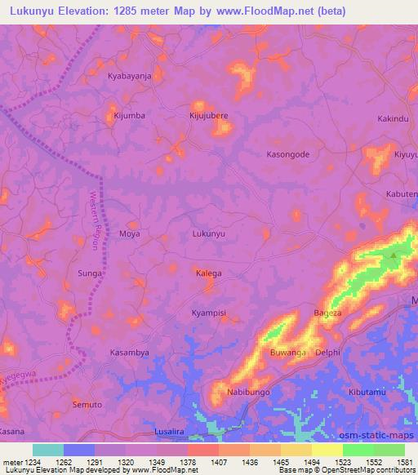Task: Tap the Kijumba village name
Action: (x=129, y=115)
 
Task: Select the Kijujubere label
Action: (x=208, y=116)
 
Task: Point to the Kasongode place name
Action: (x=289, y=154)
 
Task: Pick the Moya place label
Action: (x=130, y=233)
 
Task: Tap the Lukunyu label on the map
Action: (x=208, y=233)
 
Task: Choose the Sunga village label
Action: (x=90, y=273)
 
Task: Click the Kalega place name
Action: (x=208, y=273)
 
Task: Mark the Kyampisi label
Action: (x=208, y=313)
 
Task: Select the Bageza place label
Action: (x=328, y=313)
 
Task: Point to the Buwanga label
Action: (x=287, y=353)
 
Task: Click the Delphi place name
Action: (x=327, y=353)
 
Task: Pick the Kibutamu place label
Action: (x=367, y=393)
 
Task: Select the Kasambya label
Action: (x=130, y=353)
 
